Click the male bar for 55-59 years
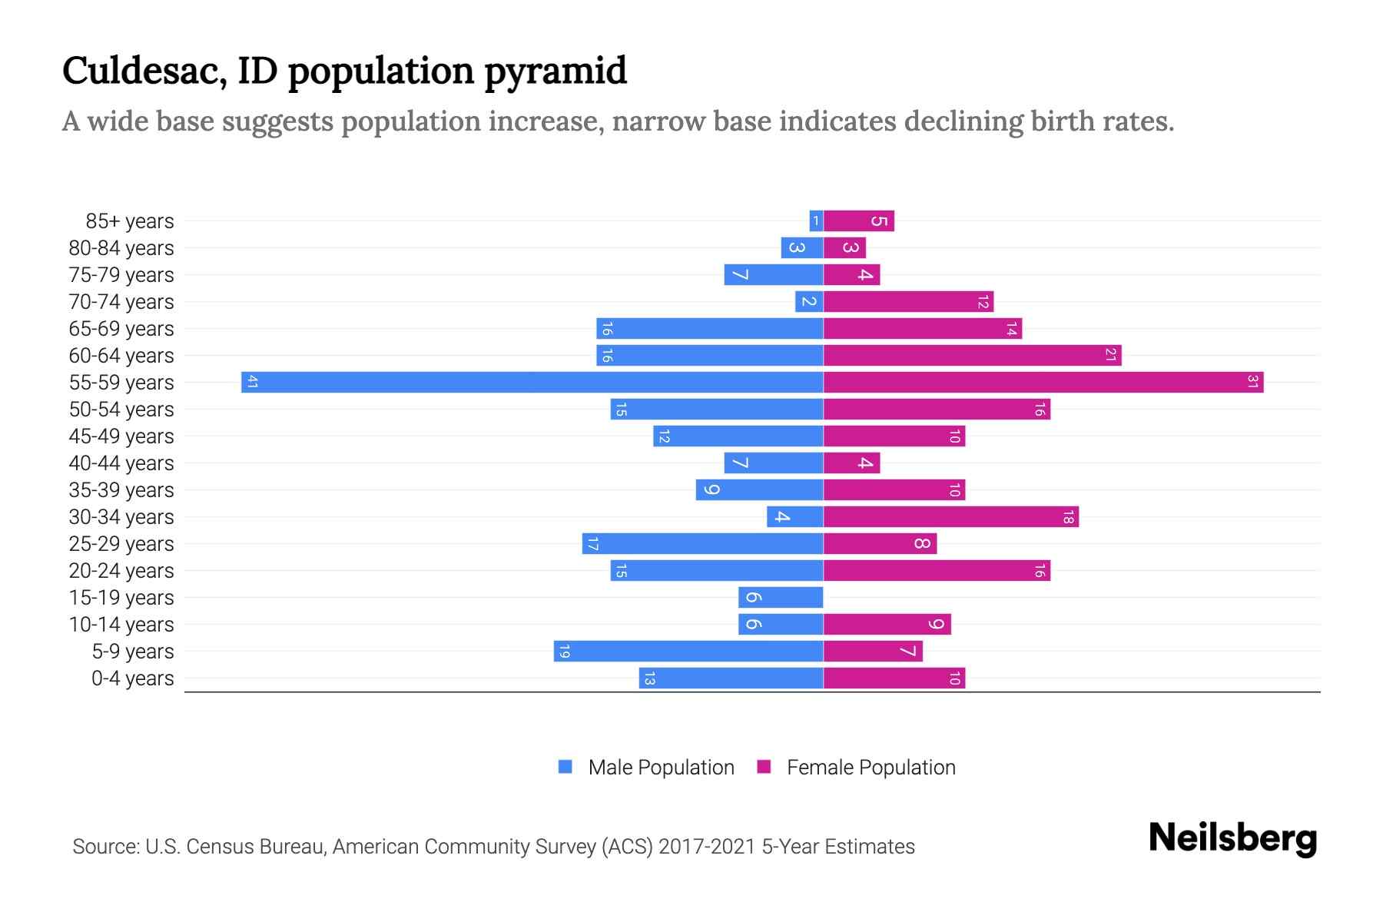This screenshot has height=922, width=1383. [532, 383]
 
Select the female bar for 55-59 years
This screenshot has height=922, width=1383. [1043, 383]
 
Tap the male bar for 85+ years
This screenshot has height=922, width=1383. [816, 221]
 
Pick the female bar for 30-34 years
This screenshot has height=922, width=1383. [950, 517]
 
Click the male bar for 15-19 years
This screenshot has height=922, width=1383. [781, 598]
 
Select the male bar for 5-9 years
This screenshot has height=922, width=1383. [688, 652]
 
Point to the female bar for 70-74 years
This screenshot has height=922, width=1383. [908, 302]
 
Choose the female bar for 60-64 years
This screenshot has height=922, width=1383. [972, 356]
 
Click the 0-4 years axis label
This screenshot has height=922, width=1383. [132, 678]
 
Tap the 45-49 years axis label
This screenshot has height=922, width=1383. [121, 436]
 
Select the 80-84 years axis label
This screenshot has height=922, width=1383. [121, 248]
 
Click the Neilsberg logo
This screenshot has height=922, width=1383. [1232, 837]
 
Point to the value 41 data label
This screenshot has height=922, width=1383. [252, 383]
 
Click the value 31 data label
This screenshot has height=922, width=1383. [1252, 383]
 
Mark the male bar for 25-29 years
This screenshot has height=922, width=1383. [702, 544]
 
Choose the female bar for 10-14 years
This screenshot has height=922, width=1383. [887, 625]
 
